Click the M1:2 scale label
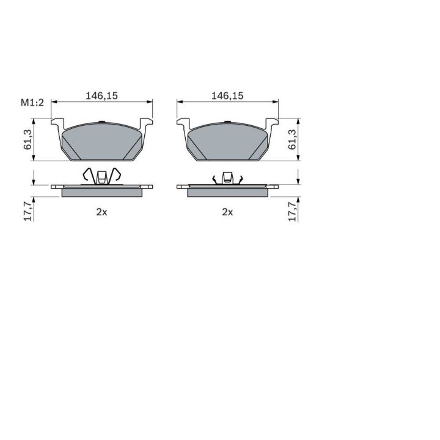[x=32, y=103]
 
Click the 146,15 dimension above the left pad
[x=101, y=96]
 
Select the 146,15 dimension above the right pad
[x=227, y=96]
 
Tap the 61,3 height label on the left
[x=28, y=139]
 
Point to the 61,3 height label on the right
[x=292, y=139]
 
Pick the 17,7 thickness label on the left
[x=28, y=211]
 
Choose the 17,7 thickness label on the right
[x=292, y=211]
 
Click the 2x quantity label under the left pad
[x=101, y=212]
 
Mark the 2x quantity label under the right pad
[x=227, y=212]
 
